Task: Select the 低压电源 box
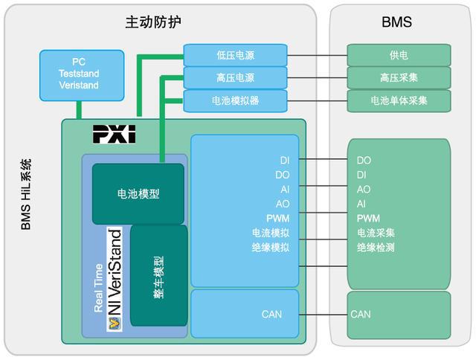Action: [235, 55]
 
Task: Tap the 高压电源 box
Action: [235, 77]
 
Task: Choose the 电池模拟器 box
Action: [235, 100]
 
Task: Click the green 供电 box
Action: [399, 55]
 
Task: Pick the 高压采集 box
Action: [399, 77]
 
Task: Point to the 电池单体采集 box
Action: [399, 100]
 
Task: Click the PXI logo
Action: [115, 135]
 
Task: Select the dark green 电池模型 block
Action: [138, 194]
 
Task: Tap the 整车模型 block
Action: [159, 275]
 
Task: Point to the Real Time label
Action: [98, 286]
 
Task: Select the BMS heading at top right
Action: [396, 22]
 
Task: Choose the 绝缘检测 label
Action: [376, 247]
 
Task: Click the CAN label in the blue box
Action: [271, 314]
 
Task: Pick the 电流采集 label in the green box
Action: [376, 233]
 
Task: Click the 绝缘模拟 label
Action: [271, 247]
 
